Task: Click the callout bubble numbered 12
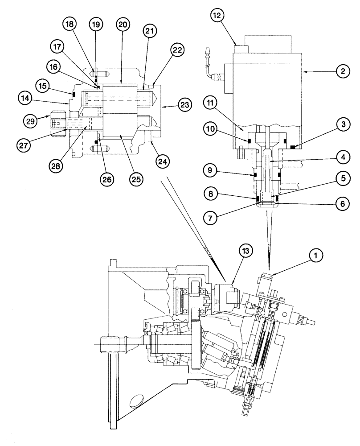[217, 16]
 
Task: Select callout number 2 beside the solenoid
[342, 70]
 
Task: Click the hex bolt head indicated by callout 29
[58, 121]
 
